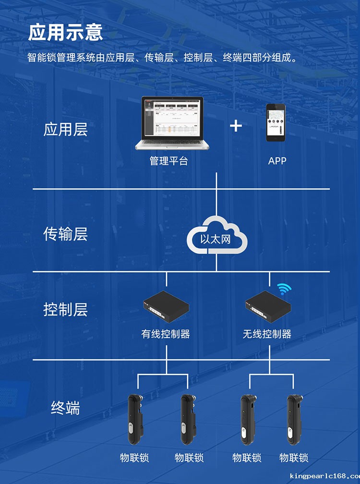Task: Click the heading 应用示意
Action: tap(65, 32)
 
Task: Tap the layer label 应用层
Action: tap(65, 129)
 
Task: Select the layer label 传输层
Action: tap(65, 234)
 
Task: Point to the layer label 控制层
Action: tap(65, 309)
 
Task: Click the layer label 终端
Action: tap(65, 408)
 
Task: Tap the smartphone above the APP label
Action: tap(276, 122)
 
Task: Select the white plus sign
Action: tap(236, 126)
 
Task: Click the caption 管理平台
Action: tap(169, 161)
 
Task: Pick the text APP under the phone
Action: tap(277, 161)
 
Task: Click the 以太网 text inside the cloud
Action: tap(216, 239)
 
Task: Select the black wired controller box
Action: tap(166, 306)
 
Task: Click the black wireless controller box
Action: tap(268, 306)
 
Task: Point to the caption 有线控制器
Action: tap(166, 334)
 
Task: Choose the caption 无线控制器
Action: tap(267, 334)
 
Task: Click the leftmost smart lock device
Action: tap(135, 419)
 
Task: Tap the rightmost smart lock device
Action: tap(295, 419)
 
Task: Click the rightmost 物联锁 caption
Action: tap(294, 458)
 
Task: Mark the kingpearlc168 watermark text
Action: tap(325, 476)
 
